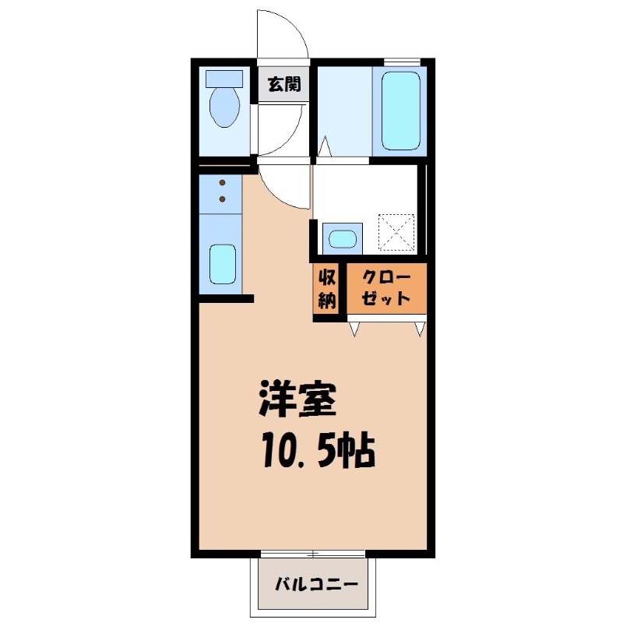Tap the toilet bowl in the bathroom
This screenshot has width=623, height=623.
(x=226, y=107)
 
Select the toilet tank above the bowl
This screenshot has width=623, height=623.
(x=224, y=79)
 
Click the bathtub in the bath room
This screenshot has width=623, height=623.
(x=400, y=109)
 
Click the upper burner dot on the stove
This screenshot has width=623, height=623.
(x=222, y=184)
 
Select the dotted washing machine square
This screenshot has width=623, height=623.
(x=397, y=231)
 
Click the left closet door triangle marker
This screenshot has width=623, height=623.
(x=354, y=329)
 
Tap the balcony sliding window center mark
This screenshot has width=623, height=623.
(x=312, y=554)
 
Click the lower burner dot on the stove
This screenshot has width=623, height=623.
(x=222, y=199)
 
